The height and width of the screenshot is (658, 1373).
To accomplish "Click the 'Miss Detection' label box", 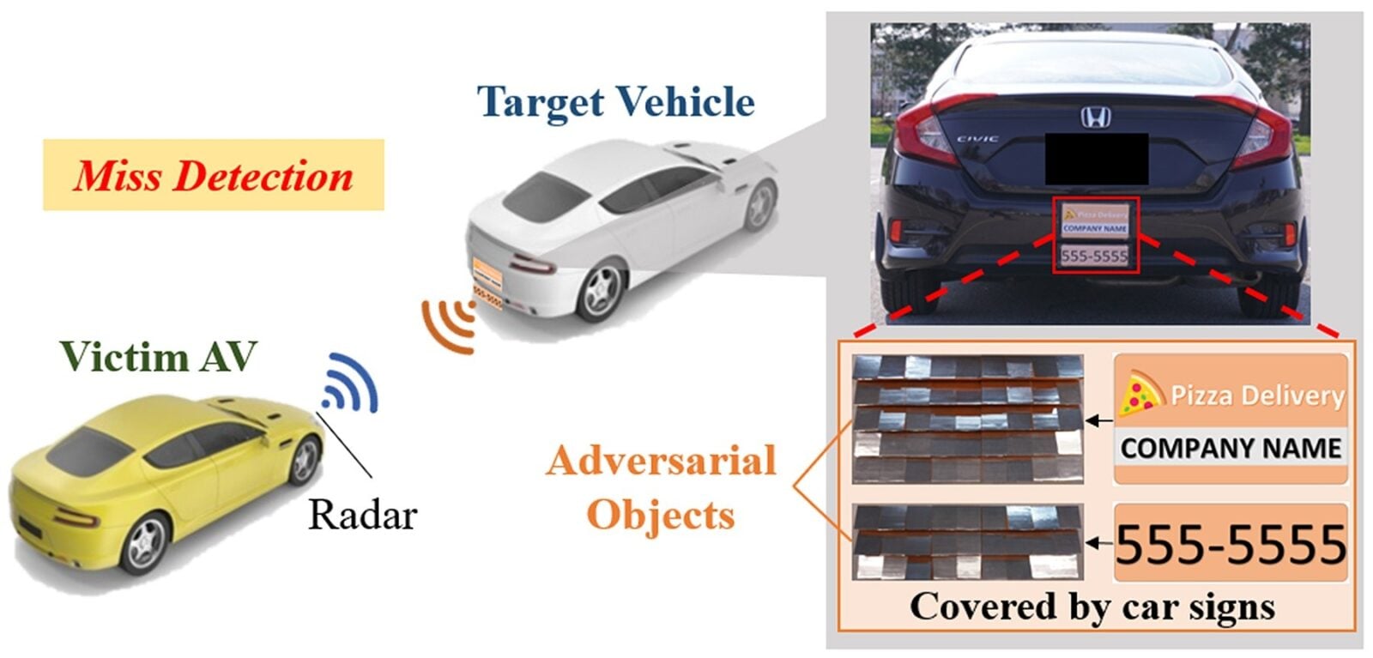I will pos(213,175).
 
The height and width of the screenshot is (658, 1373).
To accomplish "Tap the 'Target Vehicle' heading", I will pos(615,102).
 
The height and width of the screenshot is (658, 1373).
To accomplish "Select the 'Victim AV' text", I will pos(158,356).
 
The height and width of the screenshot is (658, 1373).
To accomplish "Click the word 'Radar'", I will pos(362,515).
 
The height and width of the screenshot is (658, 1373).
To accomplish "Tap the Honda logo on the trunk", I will pos(1095,118).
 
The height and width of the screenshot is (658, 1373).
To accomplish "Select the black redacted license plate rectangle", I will pos(1096,159).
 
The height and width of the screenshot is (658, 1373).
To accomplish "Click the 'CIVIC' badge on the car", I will pos(977,138).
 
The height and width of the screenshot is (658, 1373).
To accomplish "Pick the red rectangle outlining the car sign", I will pos(1096,235).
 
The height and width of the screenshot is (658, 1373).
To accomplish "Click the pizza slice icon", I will pos(1139,394).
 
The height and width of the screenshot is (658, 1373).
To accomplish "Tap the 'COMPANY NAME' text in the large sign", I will pos(1231,448).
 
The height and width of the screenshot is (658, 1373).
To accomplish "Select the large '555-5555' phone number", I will pos(1231,544).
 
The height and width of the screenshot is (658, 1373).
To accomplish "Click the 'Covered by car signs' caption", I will pos(1092,607).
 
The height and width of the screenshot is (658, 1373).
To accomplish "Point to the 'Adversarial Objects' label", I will pos(661,486).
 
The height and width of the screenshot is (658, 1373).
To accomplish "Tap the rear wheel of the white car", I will pos(600,292).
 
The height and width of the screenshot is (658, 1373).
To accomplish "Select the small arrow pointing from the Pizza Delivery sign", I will pos(1098,420).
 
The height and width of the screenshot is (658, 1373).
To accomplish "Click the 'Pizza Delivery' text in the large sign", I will pos(1256,395).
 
